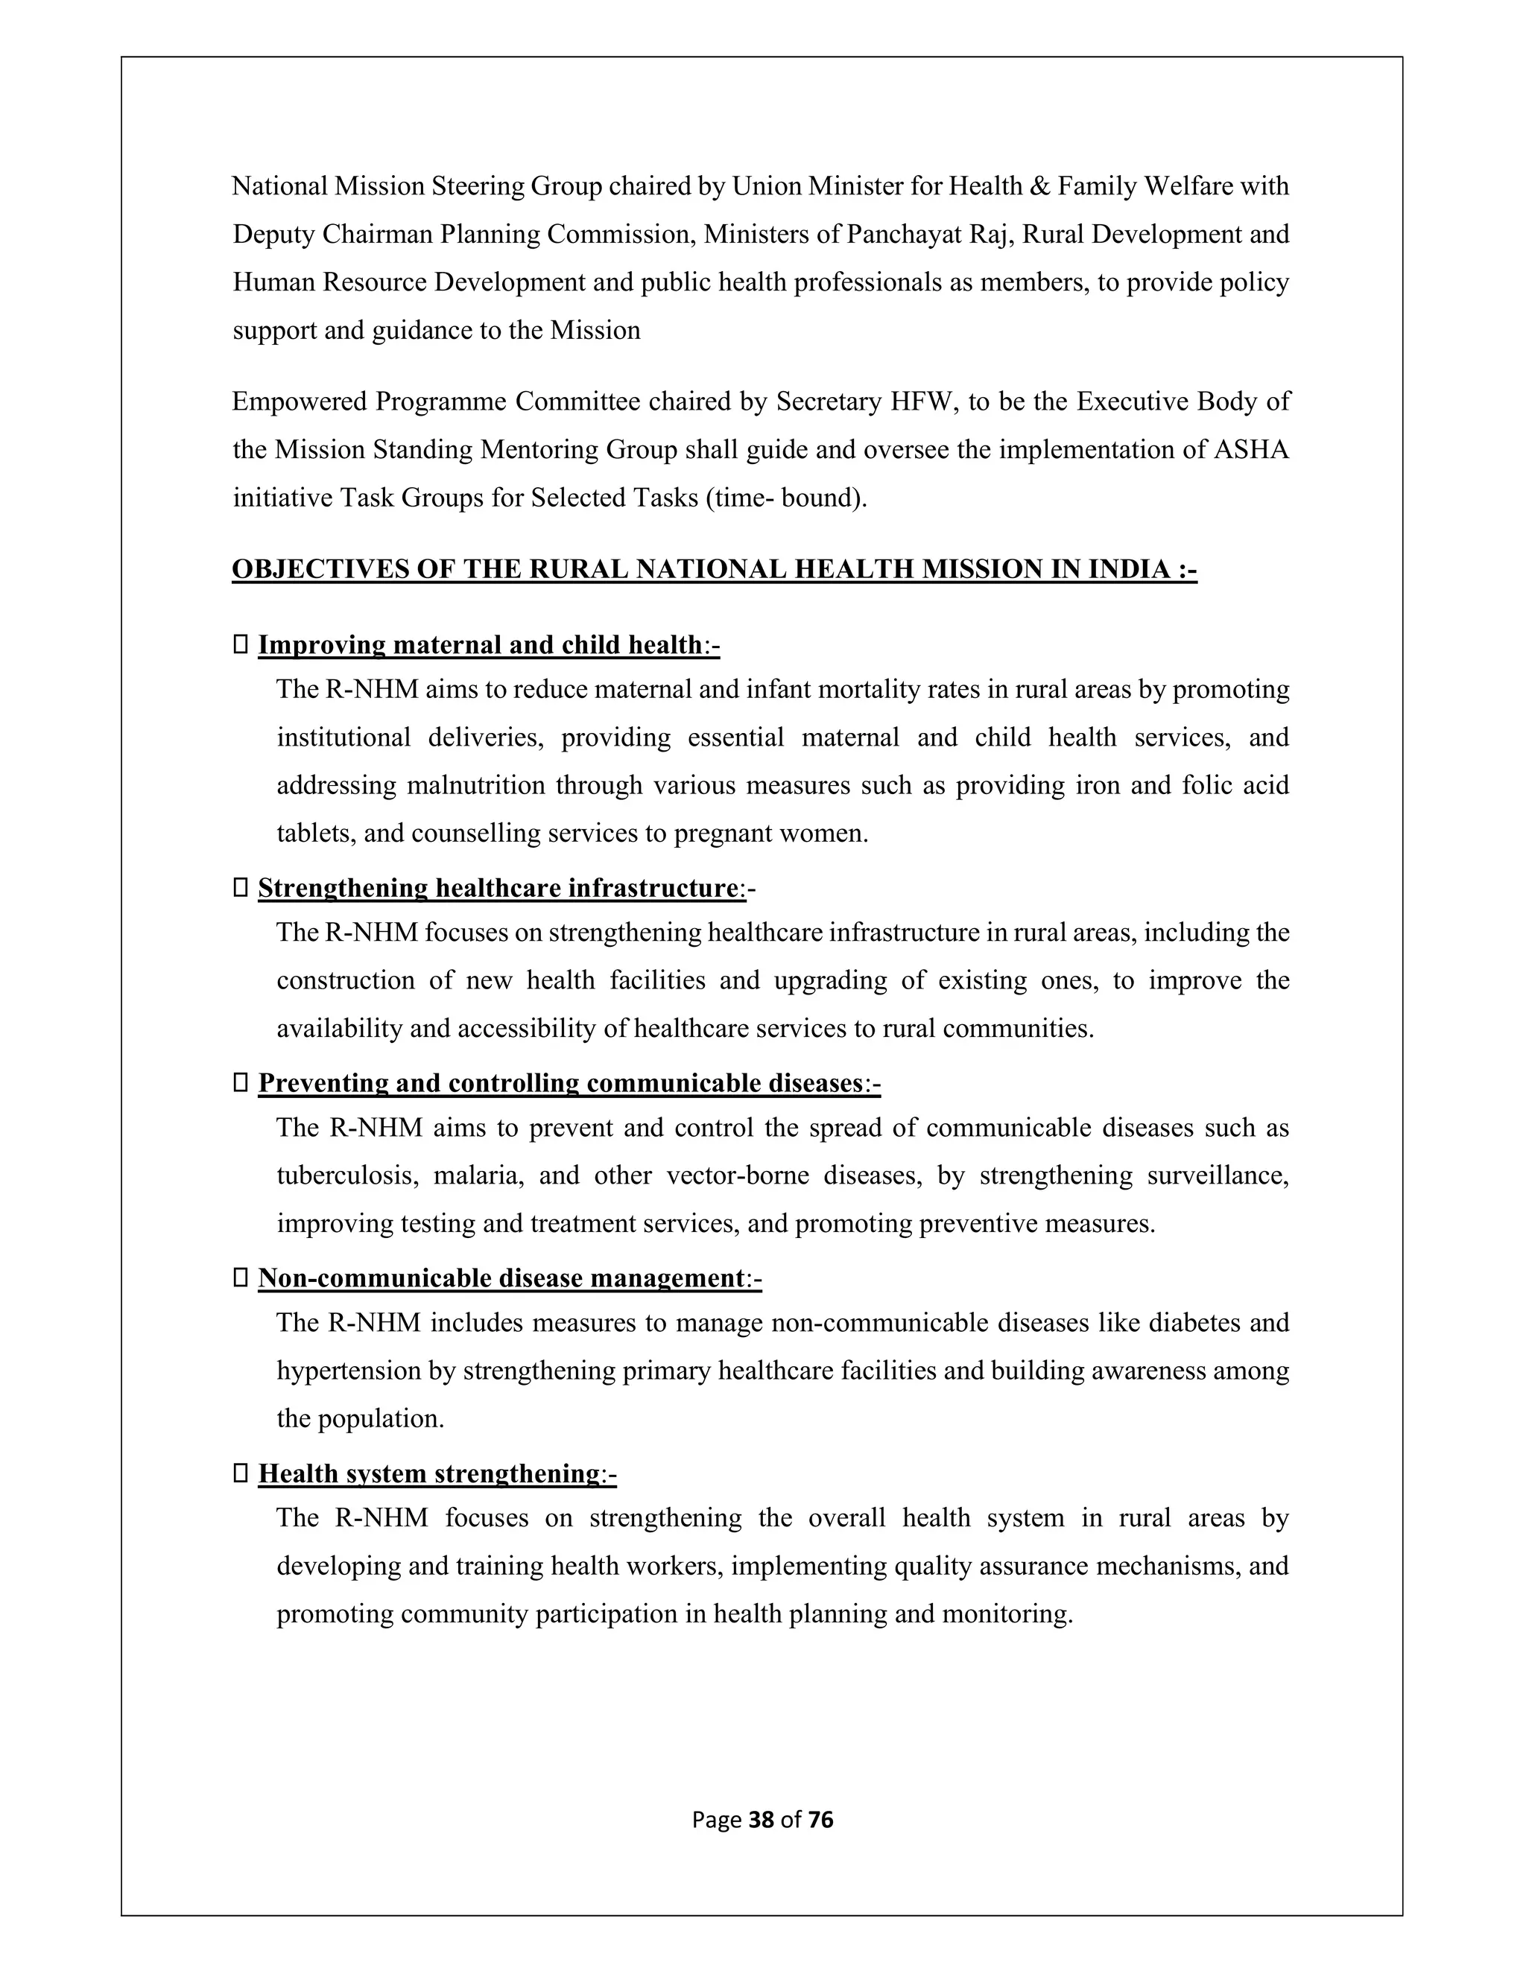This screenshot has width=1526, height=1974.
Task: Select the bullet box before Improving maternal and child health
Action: (241, 644)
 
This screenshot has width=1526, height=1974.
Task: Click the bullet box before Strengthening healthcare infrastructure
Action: (241, 888)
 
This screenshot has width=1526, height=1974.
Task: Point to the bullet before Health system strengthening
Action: (241, 1473)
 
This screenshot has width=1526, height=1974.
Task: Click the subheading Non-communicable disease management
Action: (501, 1278)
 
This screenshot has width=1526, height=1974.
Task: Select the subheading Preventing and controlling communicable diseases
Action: (560, 1083)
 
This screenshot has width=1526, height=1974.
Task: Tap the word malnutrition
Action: (475, 784)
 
